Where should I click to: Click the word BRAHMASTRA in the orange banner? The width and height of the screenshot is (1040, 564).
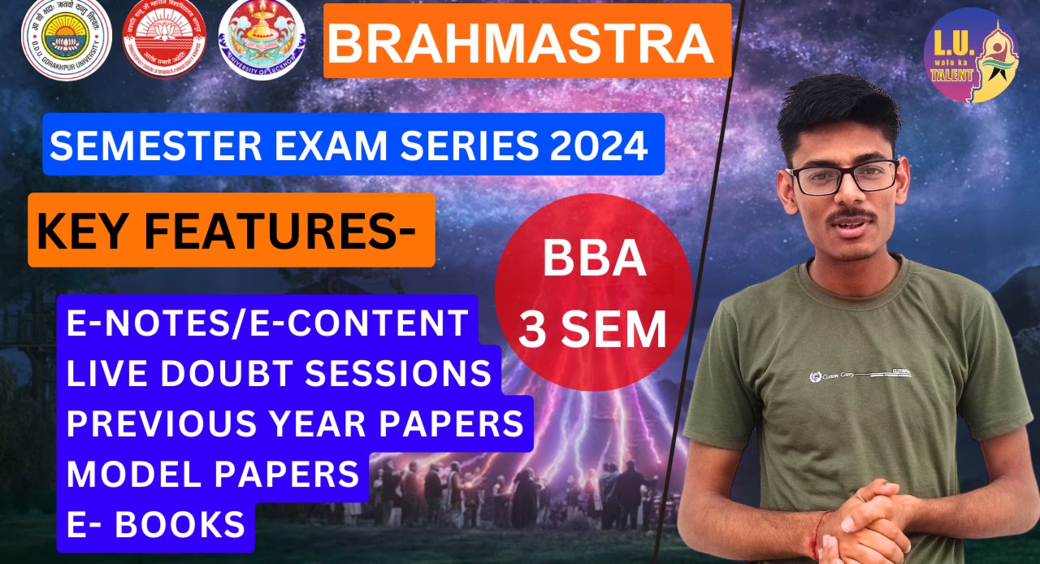pos(521,44)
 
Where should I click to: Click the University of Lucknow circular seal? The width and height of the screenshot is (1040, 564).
pos(262,40)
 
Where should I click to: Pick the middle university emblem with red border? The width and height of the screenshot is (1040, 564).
pos(164,40)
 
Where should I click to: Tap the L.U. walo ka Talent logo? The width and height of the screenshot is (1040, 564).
pos(972,55)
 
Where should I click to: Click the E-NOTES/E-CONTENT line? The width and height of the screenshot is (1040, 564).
pos(267,322)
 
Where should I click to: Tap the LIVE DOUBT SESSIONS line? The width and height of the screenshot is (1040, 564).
pos(279,372)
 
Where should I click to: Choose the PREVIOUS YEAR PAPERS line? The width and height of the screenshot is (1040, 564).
pos(295,423)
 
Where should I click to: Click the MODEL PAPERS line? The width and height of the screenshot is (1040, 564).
pos(213,473)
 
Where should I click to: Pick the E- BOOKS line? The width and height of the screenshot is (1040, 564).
pos(155,524)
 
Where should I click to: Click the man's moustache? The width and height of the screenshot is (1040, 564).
pos(849,215)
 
